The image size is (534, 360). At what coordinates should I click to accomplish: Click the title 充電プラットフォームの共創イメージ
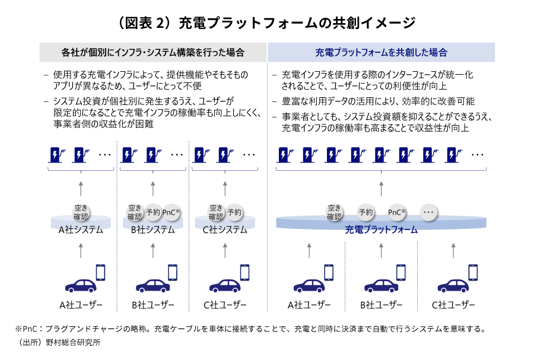267,23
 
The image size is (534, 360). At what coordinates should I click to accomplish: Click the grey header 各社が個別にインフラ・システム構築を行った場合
152,52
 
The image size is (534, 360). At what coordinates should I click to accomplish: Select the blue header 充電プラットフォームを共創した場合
381,52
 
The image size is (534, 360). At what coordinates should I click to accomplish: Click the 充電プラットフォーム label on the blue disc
381,230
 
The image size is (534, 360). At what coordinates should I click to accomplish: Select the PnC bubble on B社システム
171,212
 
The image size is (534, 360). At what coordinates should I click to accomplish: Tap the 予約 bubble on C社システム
234,212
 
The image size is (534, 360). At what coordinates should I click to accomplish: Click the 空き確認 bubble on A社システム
81,212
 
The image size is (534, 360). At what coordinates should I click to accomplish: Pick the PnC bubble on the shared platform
396,212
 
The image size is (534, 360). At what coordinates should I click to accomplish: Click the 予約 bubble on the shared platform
365,212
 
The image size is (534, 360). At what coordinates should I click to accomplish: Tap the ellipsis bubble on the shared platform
428,212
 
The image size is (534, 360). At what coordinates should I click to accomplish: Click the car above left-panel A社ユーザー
81,285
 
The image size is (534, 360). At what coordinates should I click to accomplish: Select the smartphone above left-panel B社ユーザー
173,272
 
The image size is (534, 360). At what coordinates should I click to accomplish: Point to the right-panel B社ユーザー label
381,305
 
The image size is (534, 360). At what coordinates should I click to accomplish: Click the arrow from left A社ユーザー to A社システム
81,251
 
